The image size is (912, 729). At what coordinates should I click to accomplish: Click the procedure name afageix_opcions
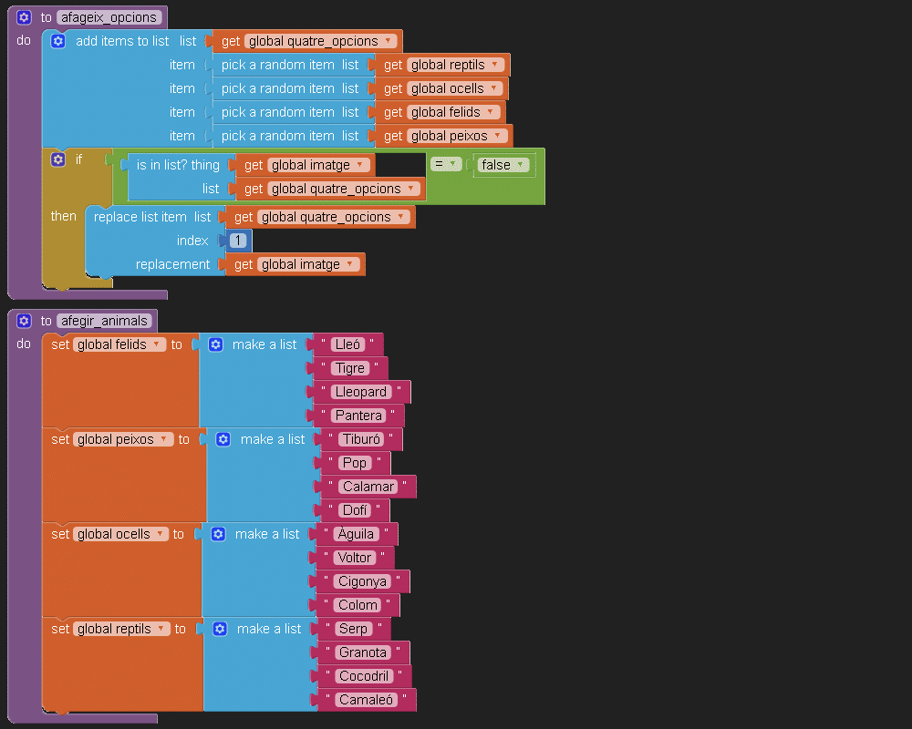pyautogui.click(x=109, y=17)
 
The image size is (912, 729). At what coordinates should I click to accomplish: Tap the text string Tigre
pyautogui.click(x=350, y=368)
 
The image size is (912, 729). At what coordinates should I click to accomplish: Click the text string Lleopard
pyautogui.click(x=361, y=392)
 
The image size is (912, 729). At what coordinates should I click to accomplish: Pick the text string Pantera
pyautogui.click(x=358, y=416)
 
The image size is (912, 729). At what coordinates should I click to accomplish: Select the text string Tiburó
pyautogui.click(x=360, y=439)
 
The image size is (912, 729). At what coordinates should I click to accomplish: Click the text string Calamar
pyautogui.click(x=368, y=487)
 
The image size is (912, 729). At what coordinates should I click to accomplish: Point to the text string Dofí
pyautogui.click(x=355, y=510)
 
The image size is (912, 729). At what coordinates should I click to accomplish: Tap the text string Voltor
pyautogui.click(x=354, y=558)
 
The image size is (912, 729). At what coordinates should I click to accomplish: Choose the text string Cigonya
pyautogui.click(x=362, y=581)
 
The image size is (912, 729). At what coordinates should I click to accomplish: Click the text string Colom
pyautogui.click(x=358, y=605)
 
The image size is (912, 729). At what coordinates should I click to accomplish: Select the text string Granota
pyautogui.click(x=363, y=652)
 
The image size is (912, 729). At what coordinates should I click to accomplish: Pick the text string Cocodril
pyautogui.click(x=365, y=676)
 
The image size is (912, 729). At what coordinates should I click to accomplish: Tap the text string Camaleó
pyautogui.click(x=367, y=700)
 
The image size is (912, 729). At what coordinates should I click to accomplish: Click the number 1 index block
pyautogui.click(x=238, y=241)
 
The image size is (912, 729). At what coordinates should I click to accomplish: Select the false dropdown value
pyautogui.click(x=501, y=165)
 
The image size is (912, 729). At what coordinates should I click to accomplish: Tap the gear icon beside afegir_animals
pyautogui.click(x=24, y=321)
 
